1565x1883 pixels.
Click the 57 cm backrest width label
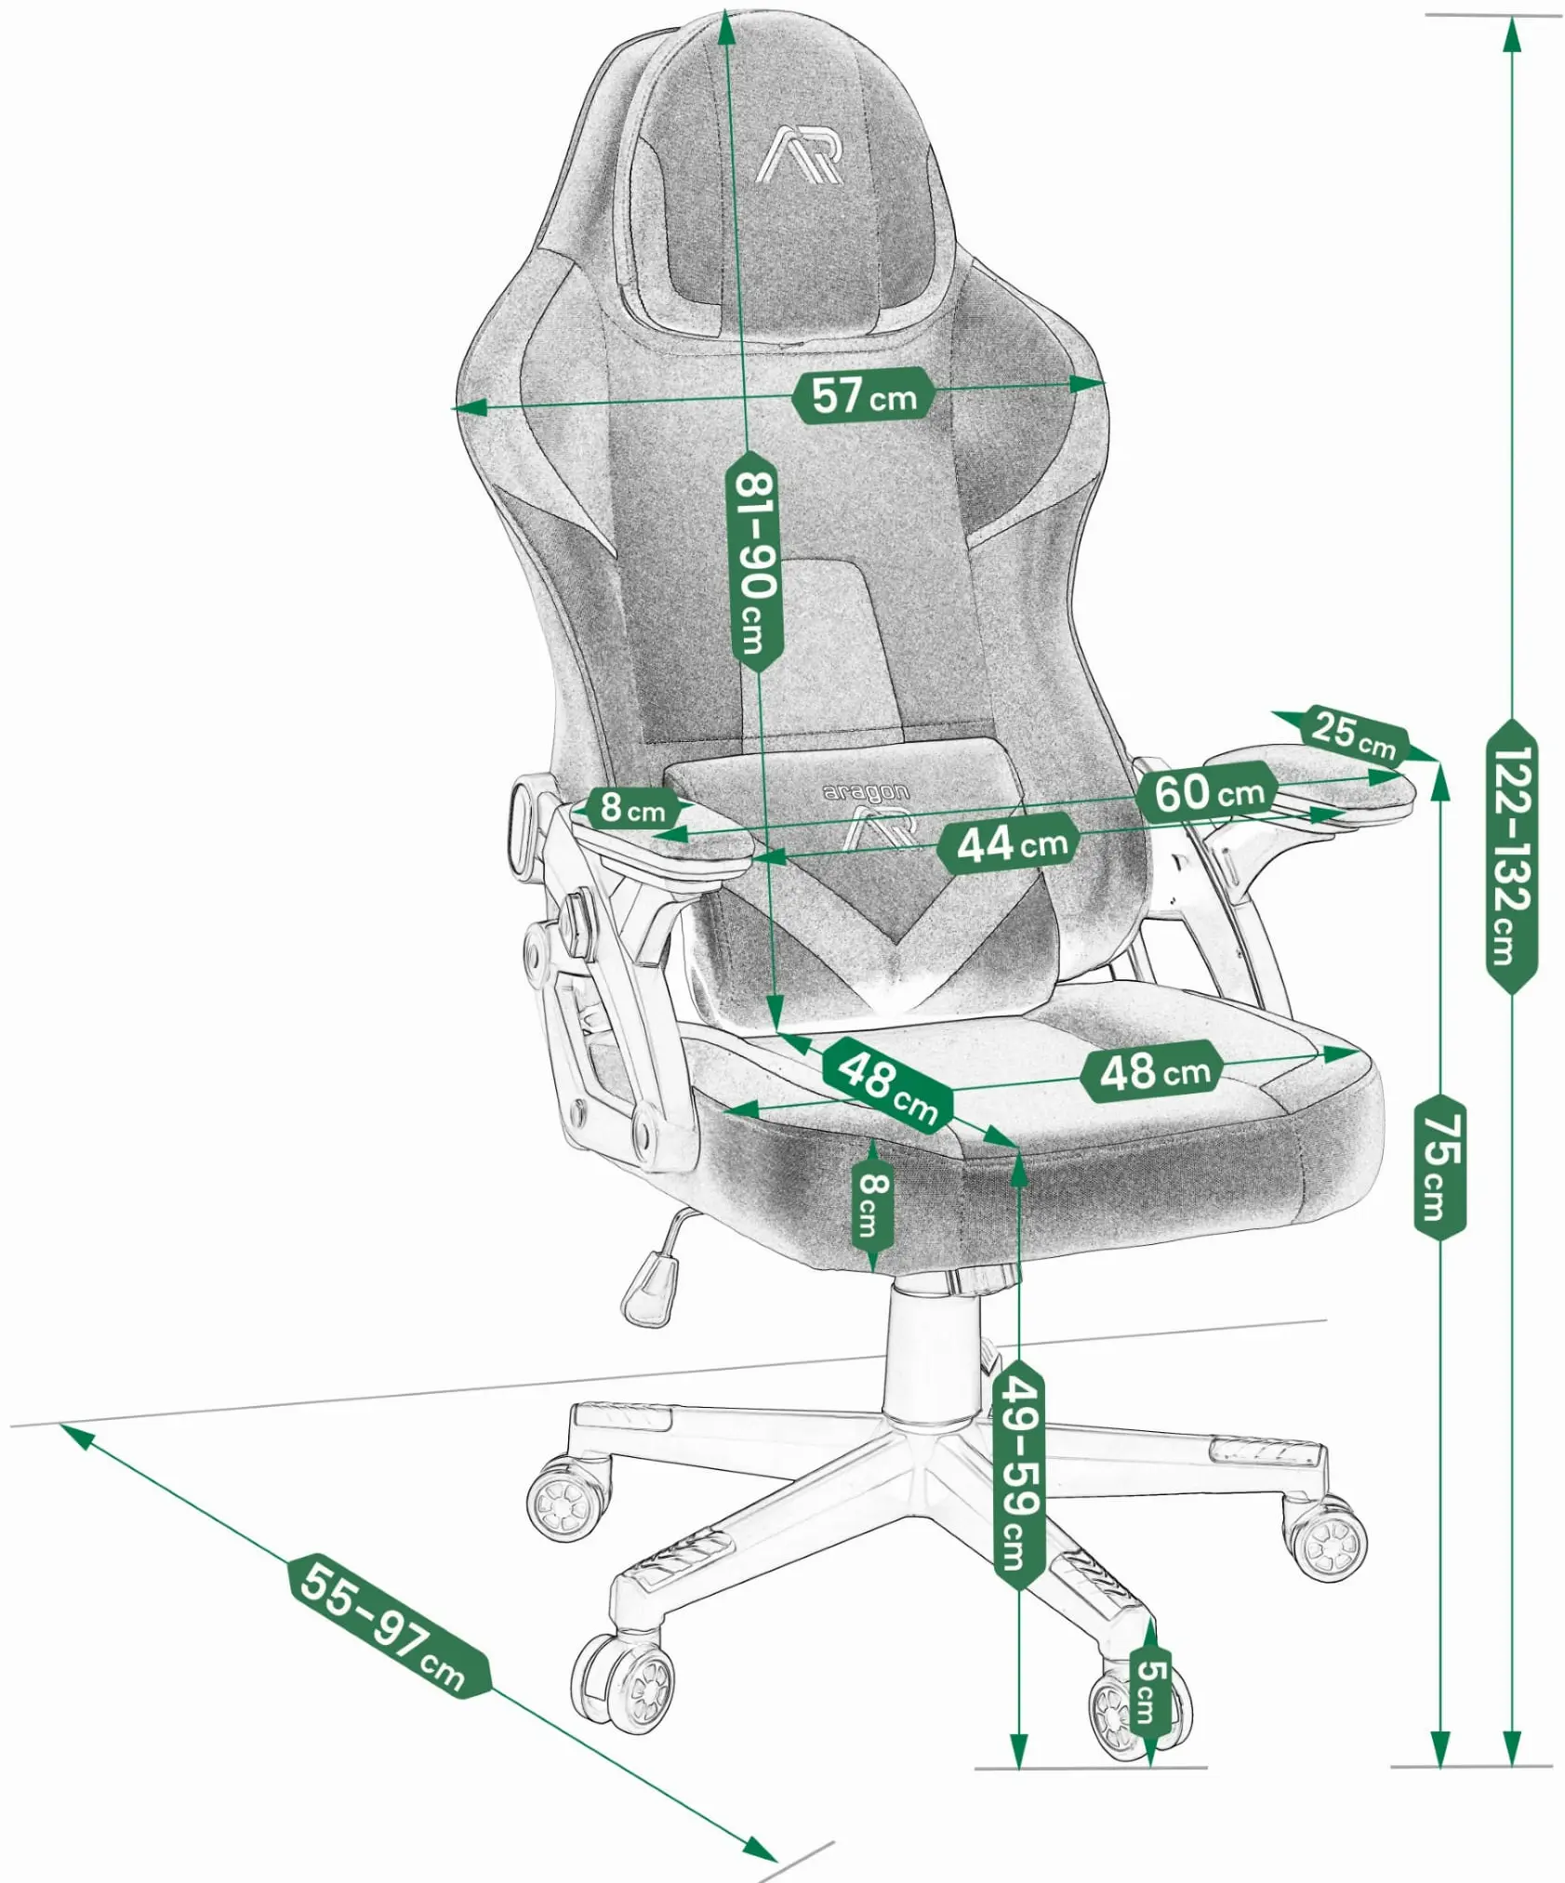pos(863,395)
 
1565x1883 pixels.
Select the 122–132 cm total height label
pos(1511,855)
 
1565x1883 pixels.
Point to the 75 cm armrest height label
pos(1440,1166)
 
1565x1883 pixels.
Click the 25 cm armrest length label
pos(1355,735)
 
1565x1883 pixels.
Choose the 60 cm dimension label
pos(1209,792)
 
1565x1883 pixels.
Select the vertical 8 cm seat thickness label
pos(873,1205)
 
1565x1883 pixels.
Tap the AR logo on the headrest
pos(802,155)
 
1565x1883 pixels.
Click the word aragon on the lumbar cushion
pos(866,792)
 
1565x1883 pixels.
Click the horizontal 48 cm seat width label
pos(1153,1072)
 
